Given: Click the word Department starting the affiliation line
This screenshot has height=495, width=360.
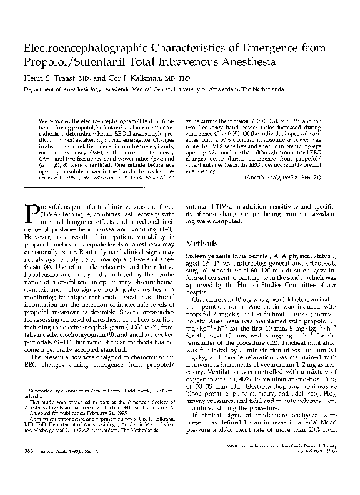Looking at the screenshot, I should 42,89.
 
